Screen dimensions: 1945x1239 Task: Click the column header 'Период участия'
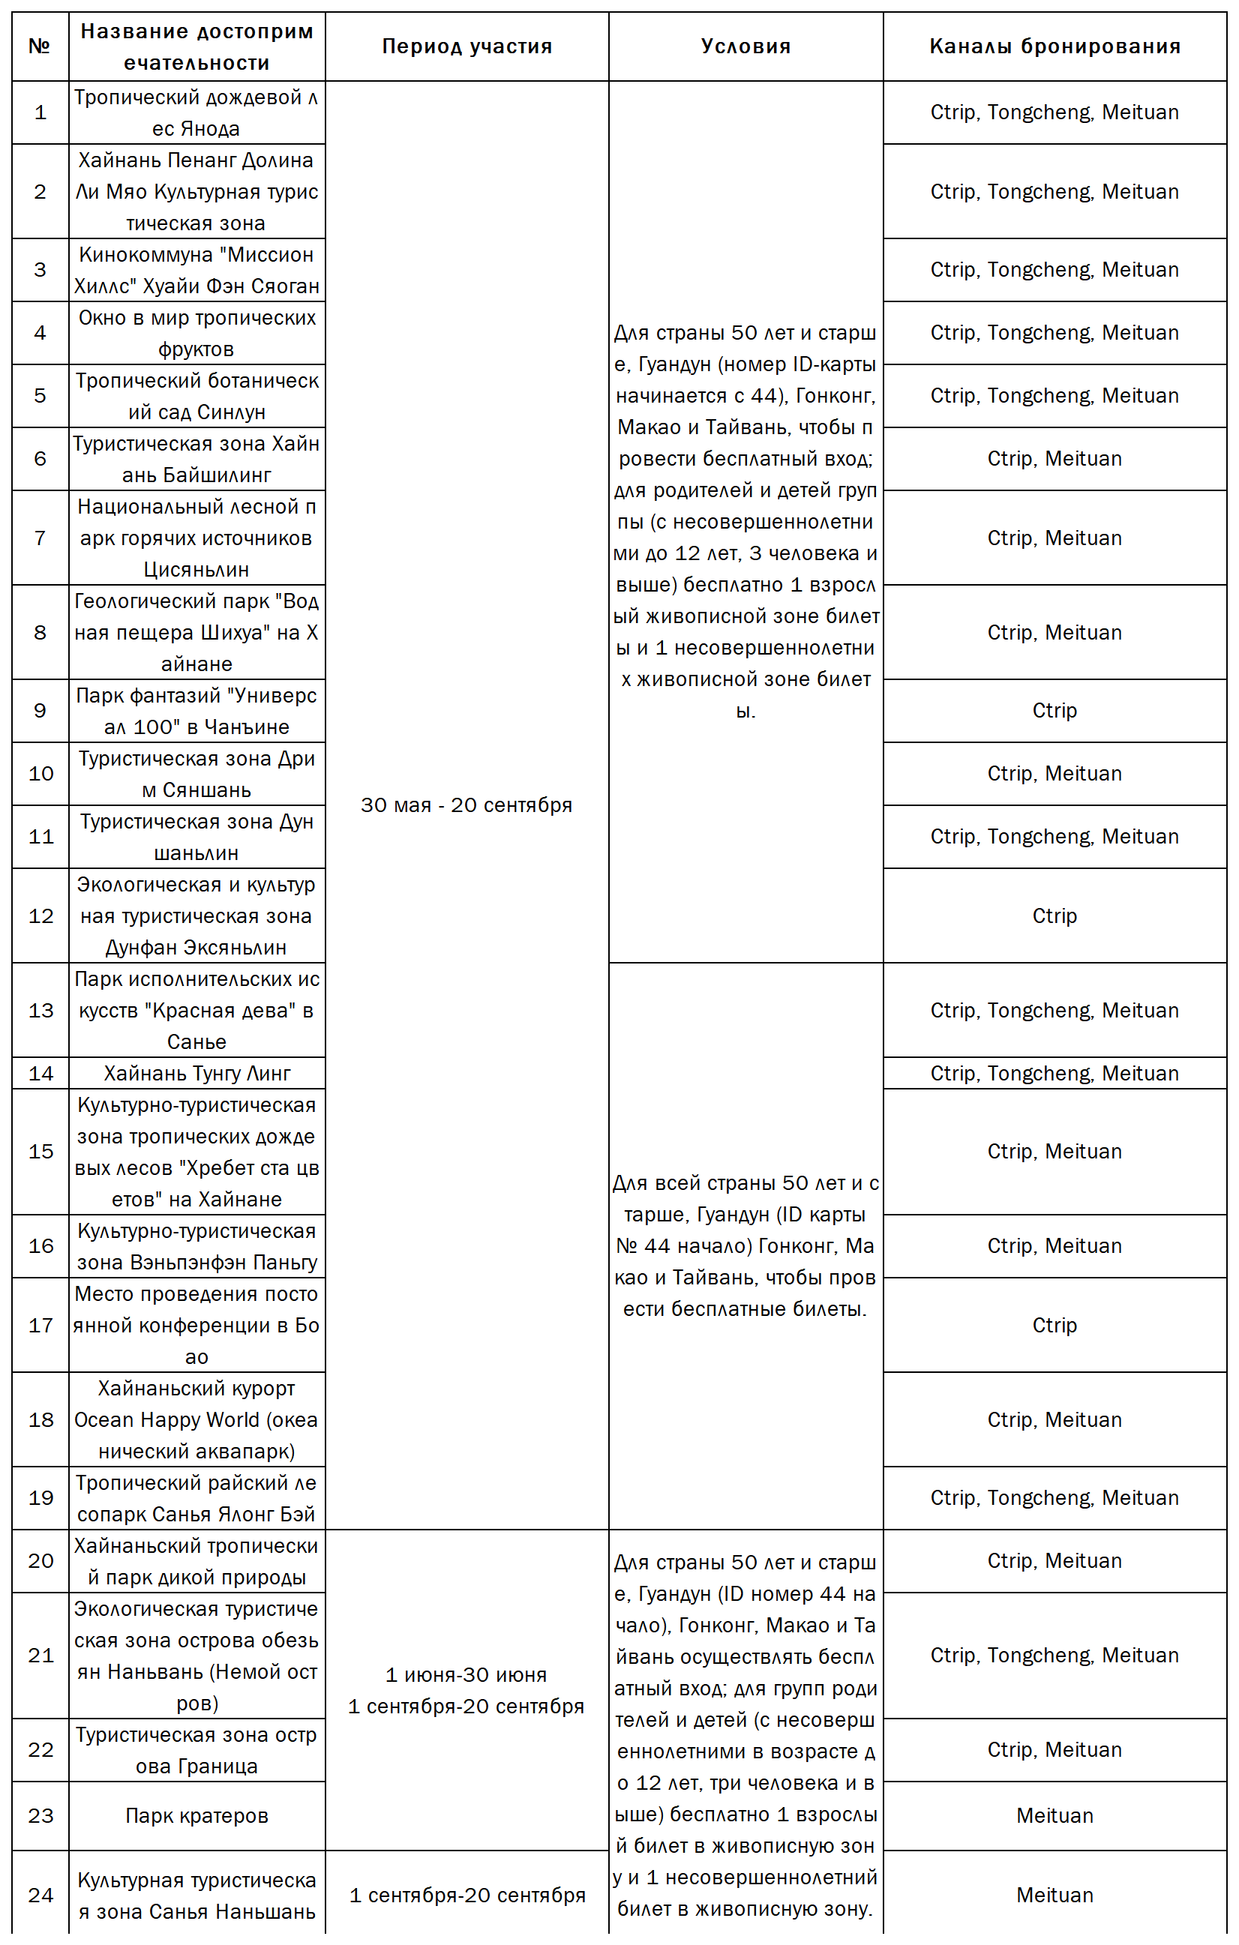click(466, 46)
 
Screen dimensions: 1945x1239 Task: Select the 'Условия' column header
click(745, 46)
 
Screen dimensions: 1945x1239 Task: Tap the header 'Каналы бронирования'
click(1054, 46)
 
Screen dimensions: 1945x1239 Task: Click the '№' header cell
click(40, 46)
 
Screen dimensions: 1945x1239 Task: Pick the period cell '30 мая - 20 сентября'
click(466, 805)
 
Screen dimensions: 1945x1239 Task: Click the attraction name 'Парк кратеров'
click(196, 1816)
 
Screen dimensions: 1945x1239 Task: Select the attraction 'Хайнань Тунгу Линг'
click(196, 1074)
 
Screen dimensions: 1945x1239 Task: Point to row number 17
click(40, 1326)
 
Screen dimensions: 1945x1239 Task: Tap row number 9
click(40, 711)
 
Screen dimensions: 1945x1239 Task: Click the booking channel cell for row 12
click(1054, 916)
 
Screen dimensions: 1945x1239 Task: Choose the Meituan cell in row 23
click(1054, 1816)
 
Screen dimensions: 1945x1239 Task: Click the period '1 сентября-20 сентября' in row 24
click(466, 1895)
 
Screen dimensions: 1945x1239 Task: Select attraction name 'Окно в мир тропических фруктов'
click(196, 333)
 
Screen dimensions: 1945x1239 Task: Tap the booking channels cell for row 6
click(1054, 459)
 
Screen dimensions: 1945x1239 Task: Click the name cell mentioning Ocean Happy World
click(196, 1420)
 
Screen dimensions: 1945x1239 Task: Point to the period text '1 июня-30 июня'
click(466, 1675)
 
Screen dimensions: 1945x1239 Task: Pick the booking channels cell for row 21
click(1054, 1655)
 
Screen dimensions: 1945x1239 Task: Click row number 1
click(40, 112)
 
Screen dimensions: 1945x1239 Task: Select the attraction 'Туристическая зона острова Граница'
click(196, 1750)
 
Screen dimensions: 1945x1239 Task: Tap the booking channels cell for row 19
click(1054, 1497)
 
